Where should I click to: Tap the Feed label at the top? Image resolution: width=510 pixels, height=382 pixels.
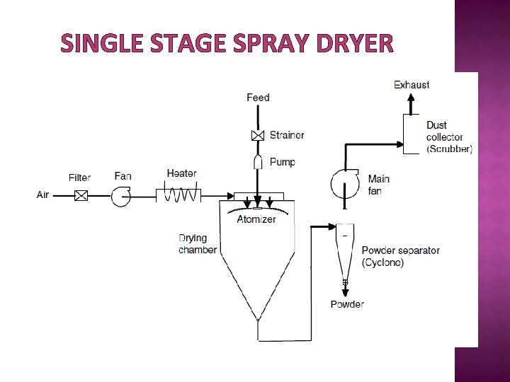258,97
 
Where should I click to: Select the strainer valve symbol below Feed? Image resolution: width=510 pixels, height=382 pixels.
258,135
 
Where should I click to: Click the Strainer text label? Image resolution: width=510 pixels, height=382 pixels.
287,135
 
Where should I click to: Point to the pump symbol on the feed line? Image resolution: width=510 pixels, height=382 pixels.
258,162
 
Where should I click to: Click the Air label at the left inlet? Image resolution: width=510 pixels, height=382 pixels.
43,195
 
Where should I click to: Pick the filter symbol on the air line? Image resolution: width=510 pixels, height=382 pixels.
81,195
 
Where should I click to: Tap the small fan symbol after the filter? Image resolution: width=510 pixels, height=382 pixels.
121,195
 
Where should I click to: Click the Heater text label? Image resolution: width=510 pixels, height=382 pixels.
181,173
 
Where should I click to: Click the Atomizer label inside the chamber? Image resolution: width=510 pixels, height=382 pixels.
256,219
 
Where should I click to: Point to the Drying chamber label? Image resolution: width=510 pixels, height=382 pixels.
198,244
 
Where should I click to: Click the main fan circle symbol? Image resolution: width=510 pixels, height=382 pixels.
345,185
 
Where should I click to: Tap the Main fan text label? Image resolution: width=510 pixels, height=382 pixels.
378,185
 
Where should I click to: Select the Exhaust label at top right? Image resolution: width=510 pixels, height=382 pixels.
412,85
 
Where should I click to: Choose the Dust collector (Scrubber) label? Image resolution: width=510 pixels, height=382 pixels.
448,137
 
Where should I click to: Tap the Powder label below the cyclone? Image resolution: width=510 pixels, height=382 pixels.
347,304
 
